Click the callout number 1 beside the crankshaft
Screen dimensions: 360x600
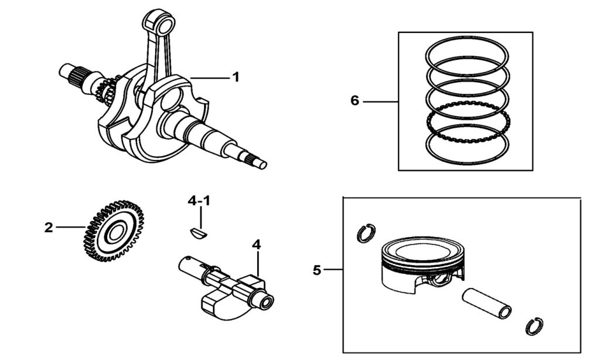tap(236, 77)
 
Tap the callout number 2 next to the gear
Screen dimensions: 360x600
tap(49, 227)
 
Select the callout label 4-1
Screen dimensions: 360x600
tap(199, 201)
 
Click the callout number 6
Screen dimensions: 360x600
tap(354, 101)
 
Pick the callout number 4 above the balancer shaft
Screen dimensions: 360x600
tap(256, 244)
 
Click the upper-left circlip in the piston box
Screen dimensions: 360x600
tap(366, 233)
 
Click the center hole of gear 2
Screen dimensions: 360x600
tap(114, 232)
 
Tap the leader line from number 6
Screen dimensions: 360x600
tap(380, 101)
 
